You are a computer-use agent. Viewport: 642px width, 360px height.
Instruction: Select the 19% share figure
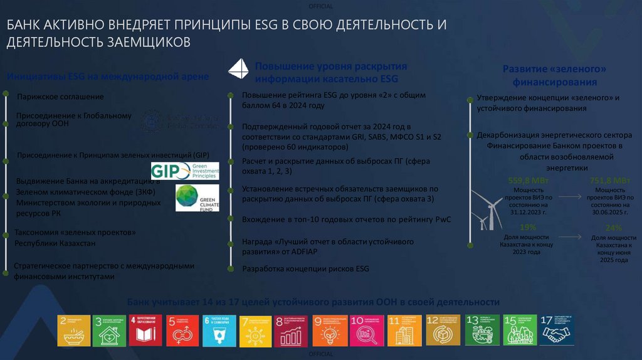[528, 227]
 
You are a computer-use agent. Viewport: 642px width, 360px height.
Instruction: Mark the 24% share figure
[614, 228]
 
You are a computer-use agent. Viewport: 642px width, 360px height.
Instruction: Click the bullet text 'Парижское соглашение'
[60, 97]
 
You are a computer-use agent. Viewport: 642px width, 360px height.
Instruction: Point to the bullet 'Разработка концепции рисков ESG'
[305, 268]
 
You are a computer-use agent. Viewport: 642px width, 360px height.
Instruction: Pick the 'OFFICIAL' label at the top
[321, 6]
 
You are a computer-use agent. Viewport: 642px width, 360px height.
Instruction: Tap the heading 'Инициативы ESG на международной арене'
[107, 77]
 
